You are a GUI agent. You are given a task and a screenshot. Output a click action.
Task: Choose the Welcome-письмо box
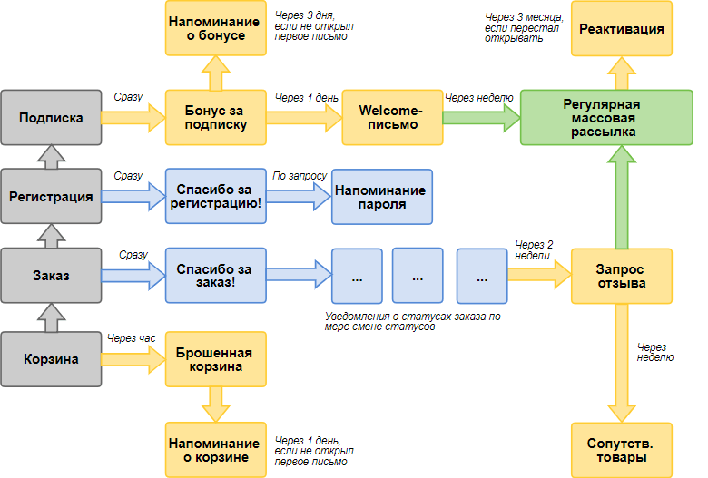click(x=391, y=118)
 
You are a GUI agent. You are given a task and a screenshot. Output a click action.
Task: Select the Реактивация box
click(x=623, y=29)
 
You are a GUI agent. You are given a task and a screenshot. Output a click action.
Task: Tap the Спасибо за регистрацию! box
click(x=214, y=196)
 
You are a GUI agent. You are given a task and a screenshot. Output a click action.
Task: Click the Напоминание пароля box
click(x=379, y=197)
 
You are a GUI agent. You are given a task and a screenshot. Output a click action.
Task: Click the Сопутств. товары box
click(x=623, y=450)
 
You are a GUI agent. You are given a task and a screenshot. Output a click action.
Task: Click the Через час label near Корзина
click(x=131, y=338)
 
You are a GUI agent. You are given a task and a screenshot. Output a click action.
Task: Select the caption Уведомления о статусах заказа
click(x=413, y=322)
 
